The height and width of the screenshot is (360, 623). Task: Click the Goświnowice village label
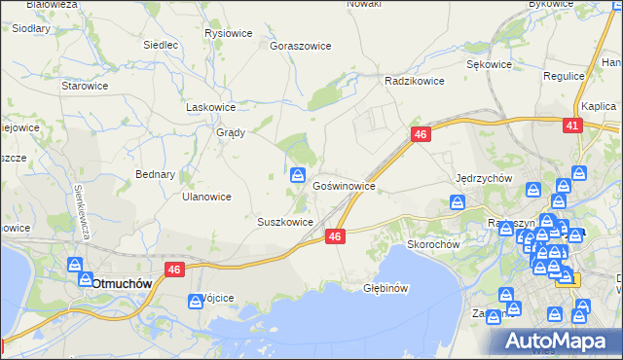(x=344, y=184)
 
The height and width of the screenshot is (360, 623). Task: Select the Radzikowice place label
(x=415, y=81)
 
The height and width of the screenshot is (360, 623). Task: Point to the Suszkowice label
(x=285, y=222)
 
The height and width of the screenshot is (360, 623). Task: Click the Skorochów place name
(x=433, y=244)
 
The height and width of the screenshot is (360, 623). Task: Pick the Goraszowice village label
(x=301, y=46)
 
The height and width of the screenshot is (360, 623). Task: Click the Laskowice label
(x=211, y=107)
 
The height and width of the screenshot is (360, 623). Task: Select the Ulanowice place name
(x=206, y=197)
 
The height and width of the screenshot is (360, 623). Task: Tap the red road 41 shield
(x=572, y=126)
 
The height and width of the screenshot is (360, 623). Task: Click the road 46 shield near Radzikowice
(x=421, y=135)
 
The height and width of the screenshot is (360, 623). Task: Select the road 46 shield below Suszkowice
(x=335, y=236)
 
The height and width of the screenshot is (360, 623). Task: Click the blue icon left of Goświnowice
(x=298, y=175)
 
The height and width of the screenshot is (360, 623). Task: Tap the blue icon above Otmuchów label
(x=76, y=265)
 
